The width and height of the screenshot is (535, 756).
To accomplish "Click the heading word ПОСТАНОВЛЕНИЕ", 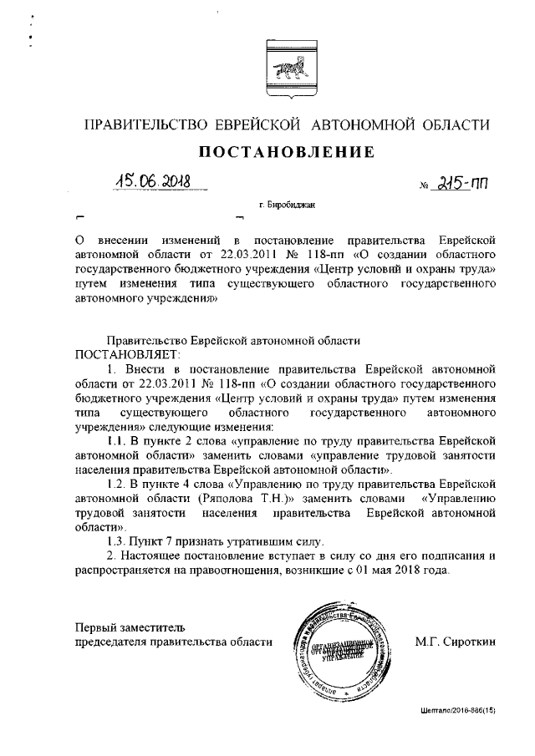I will point(284,152).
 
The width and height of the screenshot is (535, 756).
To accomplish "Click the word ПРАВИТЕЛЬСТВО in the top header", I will point(147,125).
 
